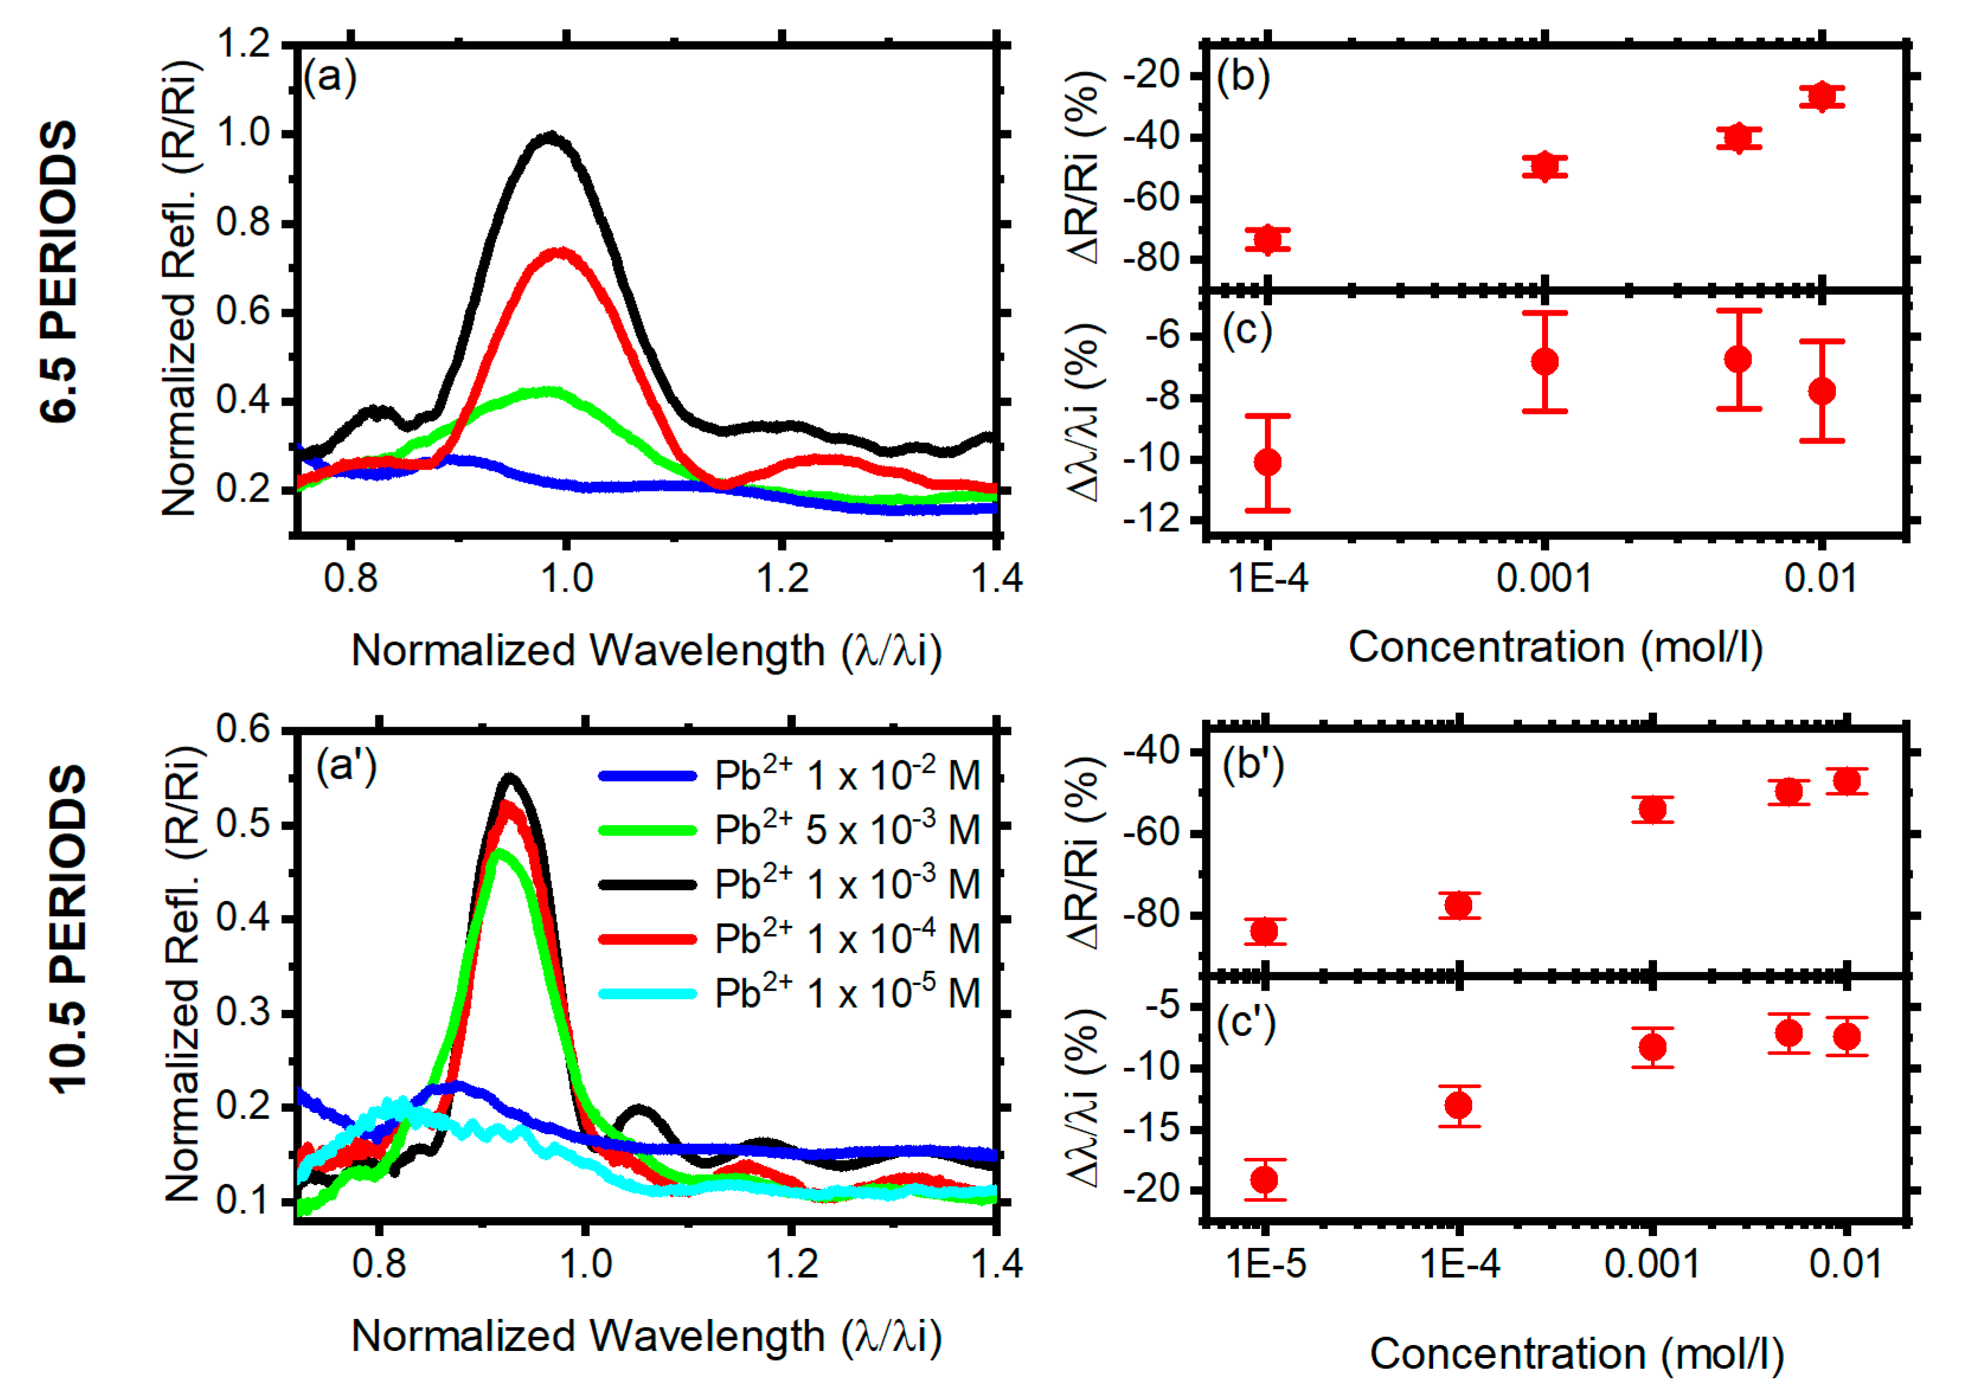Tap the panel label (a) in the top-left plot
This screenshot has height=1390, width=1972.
point(330,78)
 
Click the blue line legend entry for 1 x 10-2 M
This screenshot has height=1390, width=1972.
point(648,776)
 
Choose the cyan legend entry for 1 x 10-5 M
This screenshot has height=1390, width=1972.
point(648,994)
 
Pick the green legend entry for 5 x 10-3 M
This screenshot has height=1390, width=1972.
point(648,830)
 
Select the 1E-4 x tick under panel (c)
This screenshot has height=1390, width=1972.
point(1268,578)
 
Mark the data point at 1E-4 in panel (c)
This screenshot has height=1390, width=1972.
point(1268,462)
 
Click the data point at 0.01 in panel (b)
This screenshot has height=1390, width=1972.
point(1822,96)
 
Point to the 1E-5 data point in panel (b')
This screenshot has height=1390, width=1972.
point(1264,931)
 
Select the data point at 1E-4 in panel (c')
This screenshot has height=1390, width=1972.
point(1459,1105)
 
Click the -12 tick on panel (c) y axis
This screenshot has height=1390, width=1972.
point(1156,520)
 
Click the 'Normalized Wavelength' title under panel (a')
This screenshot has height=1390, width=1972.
point(647,1337)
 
